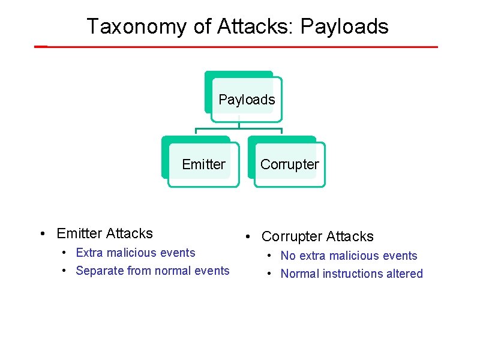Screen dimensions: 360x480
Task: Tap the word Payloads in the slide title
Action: click(344, 27)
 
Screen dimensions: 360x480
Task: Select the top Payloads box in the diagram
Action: click(246, 100)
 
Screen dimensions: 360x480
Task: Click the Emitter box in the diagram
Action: click(203, 164)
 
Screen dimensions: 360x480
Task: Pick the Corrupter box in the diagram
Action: click(289, 164)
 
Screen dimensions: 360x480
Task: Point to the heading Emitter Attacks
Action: click(104, 233)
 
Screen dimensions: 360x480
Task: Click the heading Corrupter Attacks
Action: click(317, 236)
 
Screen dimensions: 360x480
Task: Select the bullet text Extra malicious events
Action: click(136, 253)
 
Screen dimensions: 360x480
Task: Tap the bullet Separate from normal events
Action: click(152, 271)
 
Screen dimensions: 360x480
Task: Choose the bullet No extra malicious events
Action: click(349, 256)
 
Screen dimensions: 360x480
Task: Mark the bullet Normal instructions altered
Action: click(352, 274)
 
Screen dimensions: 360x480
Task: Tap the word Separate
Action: click(98, 271)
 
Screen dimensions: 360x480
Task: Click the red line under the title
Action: click(240, 46)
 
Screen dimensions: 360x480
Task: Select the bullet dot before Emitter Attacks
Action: click(44, 234)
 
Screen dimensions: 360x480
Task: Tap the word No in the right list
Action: click(288, 256)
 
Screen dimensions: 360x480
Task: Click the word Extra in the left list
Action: click(89, 253)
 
